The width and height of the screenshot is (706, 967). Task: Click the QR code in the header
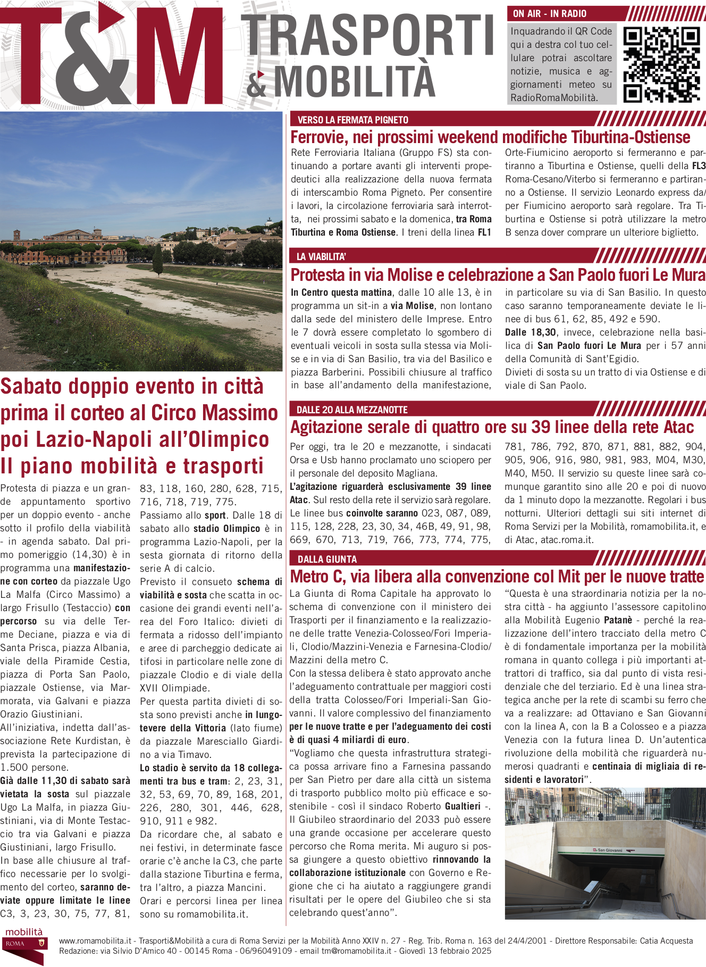click(x=661, y=64)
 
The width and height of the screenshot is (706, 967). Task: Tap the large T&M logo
click(x=112, y=56)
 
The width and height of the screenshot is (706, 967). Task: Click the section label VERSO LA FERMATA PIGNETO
click(x=353, y=120)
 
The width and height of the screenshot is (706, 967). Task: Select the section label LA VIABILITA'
click(x=321, y=256)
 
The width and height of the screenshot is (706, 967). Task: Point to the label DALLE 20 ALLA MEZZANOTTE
click(x=352, y=410)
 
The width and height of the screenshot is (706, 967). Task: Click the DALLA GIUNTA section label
click(x=327, y=559)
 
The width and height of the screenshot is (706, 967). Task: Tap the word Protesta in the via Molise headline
click(x=318, y=275)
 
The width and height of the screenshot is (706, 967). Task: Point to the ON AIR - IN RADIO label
click(x=550, y=14)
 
